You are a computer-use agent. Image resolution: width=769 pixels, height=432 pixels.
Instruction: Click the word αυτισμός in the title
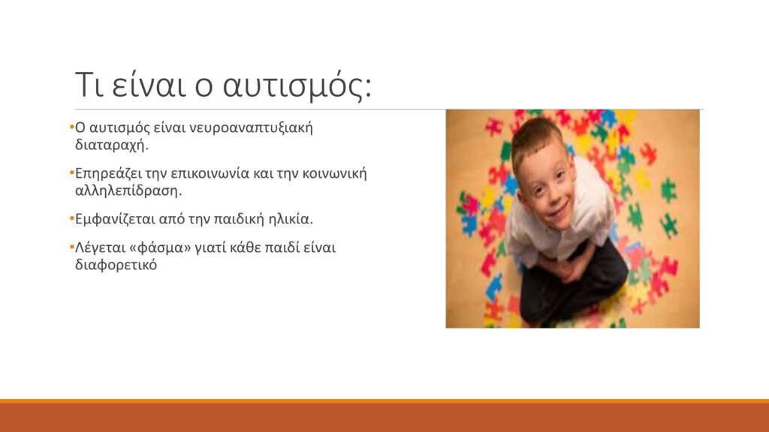(x=297, y=86)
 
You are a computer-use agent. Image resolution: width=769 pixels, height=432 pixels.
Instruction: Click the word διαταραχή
(x=111, y=145)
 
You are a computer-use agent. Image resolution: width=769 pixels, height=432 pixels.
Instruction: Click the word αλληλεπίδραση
(x=128, y=190)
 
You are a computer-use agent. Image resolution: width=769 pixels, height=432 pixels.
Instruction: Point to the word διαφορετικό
(x=116, y=265)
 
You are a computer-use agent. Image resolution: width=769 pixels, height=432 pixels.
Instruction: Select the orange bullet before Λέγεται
(x=72, y=246)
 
